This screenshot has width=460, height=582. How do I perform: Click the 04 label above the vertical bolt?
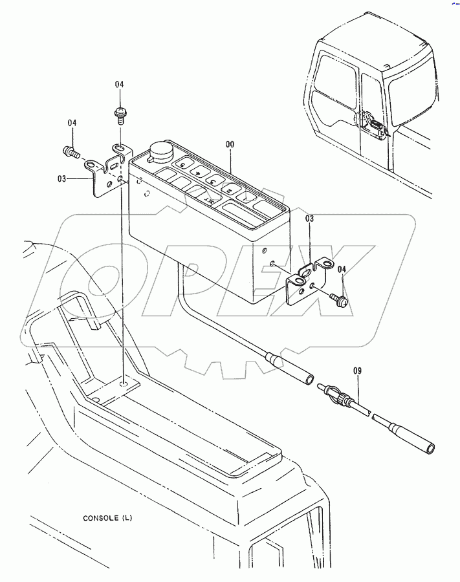pyautogui.click(x=119, y=85)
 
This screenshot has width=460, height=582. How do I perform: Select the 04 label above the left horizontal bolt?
pyautogui.click(x=72, y=123)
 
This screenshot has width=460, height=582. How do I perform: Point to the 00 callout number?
pyautogui.click(x=230, y=144)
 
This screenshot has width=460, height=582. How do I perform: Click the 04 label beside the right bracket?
pyautogui.click(x=342, y=269)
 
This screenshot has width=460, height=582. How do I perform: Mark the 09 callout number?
pyautogui.click(x=357, y=371)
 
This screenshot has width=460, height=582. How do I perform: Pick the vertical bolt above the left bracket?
pyautogui.click(x=120, y=115)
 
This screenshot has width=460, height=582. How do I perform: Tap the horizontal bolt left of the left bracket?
pyautogui.click(x=70, y=153)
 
